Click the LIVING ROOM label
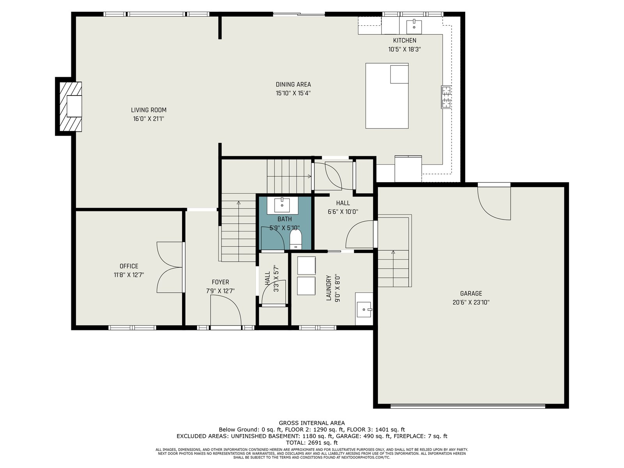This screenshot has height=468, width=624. [149, 110]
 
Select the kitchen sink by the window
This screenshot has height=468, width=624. [414, 27]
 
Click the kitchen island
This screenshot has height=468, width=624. [387, 96]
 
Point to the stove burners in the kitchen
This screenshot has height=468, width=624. [446, 97]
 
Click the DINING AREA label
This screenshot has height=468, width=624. [293, 84]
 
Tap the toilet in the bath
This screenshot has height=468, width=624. [296, 239]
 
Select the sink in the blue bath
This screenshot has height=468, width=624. [282, 205]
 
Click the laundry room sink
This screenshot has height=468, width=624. [364, 309]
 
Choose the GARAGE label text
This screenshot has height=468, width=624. [471, 293]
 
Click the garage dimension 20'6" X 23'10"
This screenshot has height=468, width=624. [471, 302]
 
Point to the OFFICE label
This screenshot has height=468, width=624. [129, 266]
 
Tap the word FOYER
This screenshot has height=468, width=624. [220, 282]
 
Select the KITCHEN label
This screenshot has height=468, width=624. [404, 40]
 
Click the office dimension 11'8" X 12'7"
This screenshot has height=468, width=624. [129, 275]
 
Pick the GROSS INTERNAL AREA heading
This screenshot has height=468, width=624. [312, 423]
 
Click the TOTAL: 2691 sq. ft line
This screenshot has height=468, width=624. [312, 442]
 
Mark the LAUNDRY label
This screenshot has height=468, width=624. [329, 287]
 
